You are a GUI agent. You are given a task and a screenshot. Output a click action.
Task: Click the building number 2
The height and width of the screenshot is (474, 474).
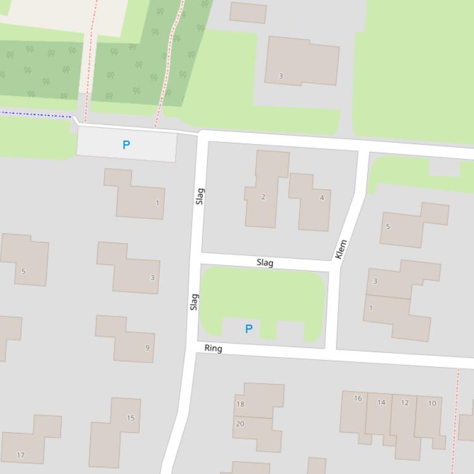point(263,197)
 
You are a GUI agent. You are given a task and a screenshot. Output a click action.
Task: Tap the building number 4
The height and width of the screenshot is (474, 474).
point(322,198)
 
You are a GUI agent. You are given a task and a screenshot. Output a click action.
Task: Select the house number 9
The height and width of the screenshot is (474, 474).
point(147,348)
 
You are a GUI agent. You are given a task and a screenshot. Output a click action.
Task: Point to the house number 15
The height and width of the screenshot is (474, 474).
point(131,418)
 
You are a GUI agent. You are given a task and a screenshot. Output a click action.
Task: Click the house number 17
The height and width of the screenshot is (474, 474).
point(21,456)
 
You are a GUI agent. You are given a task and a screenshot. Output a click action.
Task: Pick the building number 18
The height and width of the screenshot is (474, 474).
point(240,404)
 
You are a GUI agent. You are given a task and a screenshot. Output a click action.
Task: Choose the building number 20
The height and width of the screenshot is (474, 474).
point(240,424)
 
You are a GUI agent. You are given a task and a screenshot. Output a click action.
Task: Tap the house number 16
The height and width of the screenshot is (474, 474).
point(358,398)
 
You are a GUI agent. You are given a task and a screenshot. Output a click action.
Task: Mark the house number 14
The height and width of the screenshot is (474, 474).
point(381,403)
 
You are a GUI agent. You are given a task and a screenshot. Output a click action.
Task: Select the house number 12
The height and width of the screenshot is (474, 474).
point(404,403)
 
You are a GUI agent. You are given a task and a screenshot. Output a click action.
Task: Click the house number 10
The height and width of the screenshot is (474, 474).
point(431,403)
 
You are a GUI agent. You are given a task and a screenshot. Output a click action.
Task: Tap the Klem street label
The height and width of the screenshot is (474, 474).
point(341,249)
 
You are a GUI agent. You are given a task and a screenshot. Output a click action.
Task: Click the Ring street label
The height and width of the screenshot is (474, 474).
point(213,348)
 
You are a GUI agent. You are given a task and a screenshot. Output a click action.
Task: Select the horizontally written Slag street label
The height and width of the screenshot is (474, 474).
point(265,263)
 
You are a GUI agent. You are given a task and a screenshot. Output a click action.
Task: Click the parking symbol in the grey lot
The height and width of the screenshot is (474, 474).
point(126,145)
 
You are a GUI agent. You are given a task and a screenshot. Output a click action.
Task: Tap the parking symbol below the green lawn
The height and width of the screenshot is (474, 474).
point(249,329)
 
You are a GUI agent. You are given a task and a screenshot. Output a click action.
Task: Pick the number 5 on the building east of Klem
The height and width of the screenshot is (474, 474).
point(388,227)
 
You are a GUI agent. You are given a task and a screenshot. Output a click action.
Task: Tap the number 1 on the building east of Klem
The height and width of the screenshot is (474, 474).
point(371,308)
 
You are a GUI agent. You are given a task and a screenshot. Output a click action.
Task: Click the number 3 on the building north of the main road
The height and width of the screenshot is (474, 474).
point(280,76)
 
